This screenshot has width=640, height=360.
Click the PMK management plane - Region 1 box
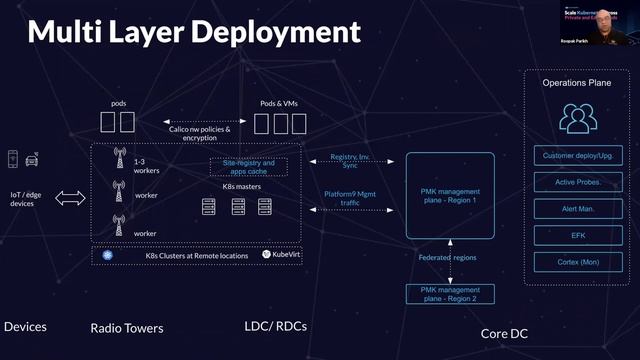click(x=449, y=194)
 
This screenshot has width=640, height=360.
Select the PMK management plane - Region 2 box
click(x=449, y=294)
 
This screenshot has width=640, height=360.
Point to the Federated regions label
click(x=447, y=258)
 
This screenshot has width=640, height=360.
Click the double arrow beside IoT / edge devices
click(x=71, y=198)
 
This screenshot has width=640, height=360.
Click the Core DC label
click(x=504, y=333)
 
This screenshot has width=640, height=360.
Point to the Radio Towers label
click(x=126, y=328)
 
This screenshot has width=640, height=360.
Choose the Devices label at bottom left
click(x=25, y=327)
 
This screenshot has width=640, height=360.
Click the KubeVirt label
click(x=282, y=255)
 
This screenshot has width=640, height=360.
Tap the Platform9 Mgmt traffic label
click(x=350, y=198)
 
